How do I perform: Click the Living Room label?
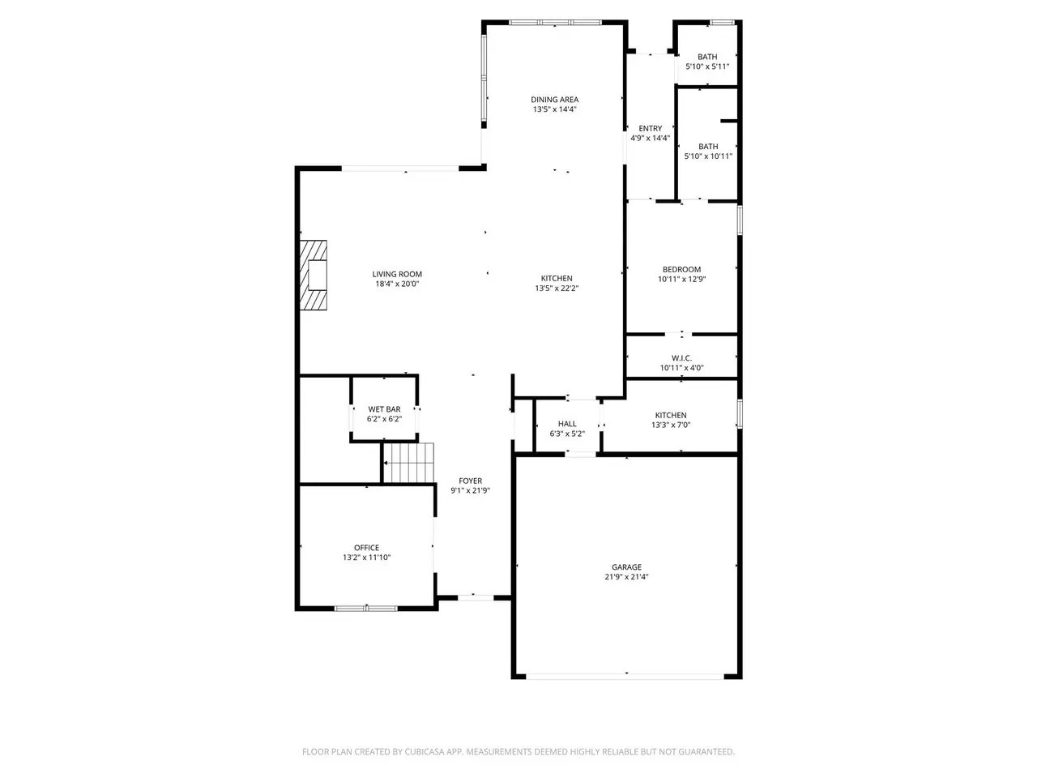397,274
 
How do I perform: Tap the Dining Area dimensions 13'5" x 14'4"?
555,109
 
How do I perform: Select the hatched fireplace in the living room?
314,275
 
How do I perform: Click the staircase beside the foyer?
408,463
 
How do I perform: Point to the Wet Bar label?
384,409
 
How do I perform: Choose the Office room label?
367,548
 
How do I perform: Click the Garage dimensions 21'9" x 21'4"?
626,577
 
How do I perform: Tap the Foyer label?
470,481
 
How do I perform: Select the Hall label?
567,424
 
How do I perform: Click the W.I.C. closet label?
681,358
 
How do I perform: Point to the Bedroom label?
681,269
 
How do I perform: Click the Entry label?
650,129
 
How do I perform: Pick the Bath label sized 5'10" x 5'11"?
707,57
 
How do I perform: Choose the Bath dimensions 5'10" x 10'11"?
708,156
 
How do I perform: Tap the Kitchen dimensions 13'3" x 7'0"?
671,425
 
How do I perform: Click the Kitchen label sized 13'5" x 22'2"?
557,278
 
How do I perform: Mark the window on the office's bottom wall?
366,608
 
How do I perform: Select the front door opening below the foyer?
476,597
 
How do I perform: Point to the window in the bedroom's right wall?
740,220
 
